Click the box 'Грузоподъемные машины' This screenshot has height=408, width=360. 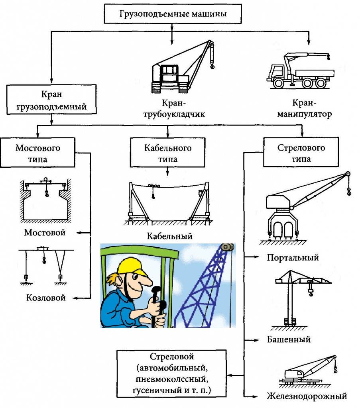pyautogui.click(x=173, y=14)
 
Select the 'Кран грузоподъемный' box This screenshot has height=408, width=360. pyautogui.click(x=52, y=101)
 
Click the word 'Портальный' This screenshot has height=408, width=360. pyautogui.click(x=293, y=257)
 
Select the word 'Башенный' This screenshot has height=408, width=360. pyautogui.click(x=288, y=339)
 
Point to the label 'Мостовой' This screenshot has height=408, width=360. pyautogui.click(x=45, y=232)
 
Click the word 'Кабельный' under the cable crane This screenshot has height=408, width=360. pyautogui.click(x=169, y=236)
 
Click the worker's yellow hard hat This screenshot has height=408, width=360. pyautogui.click(x=132, y=265)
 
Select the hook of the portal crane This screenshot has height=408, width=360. pyautogui.click(x=350, y=194)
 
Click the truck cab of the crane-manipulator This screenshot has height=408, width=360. pyautogui.click(x=276, y=72)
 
